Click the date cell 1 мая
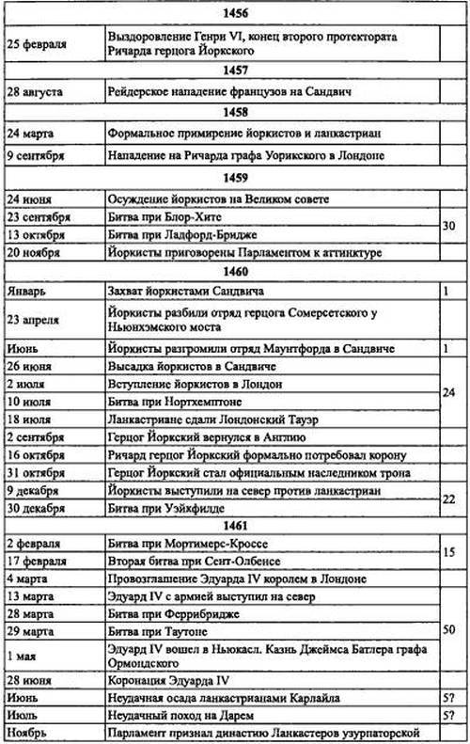(25, 658)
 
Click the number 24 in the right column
(447, 392)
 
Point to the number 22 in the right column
(447, 499)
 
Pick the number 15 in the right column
(447, 553)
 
